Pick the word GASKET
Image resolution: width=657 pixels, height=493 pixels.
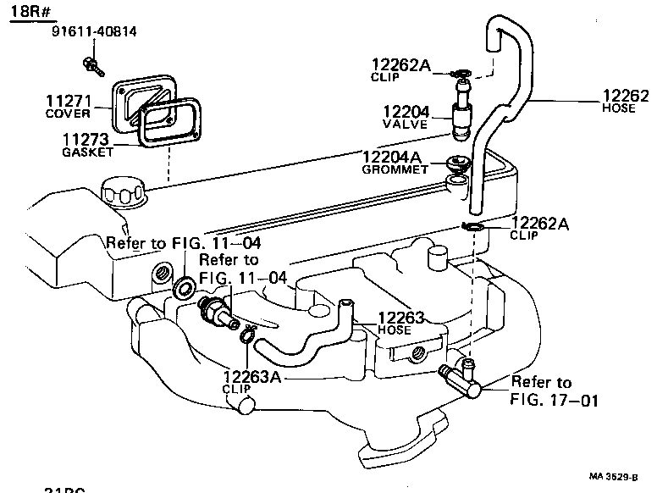[87, 152]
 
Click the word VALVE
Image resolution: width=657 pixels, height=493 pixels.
[406, 125]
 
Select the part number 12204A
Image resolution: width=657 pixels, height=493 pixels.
[391, 156]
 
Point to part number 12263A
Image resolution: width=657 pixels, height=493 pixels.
[252, 376]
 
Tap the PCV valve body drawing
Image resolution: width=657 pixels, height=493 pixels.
[463, 114]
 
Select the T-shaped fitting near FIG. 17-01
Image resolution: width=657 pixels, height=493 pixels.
[461, 379]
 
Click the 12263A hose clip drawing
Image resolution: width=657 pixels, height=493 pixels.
[246, 335]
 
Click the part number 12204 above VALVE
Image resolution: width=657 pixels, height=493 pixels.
[406, 111]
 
